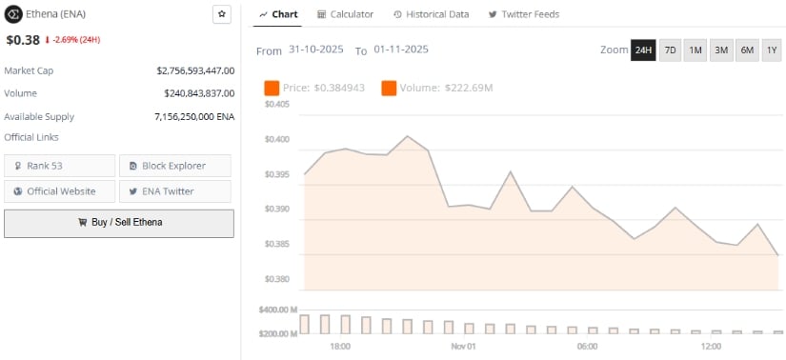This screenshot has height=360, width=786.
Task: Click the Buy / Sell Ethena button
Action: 119,223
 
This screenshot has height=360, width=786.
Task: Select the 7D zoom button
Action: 670,50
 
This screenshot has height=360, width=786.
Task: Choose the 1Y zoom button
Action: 772,50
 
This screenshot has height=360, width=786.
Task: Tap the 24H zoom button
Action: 643,50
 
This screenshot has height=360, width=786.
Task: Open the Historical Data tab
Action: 432,14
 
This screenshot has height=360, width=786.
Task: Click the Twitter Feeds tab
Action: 523,14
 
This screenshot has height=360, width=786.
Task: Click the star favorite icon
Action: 221,14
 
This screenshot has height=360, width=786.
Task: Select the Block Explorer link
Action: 174,166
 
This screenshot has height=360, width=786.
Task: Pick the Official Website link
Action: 60,191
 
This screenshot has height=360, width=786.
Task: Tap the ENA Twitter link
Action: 174,191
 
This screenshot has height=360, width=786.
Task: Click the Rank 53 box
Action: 60,166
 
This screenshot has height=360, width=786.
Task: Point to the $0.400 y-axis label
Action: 277,139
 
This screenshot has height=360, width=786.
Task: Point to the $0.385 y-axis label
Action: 277,244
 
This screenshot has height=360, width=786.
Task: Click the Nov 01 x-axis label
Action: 463,346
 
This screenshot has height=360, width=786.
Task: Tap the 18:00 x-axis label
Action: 340,346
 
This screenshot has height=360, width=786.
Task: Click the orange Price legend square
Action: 272,89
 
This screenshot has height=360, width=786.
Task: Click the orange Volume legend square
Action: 389,89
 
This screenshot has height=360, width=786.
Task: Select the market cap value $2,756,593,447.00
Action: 195,70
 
